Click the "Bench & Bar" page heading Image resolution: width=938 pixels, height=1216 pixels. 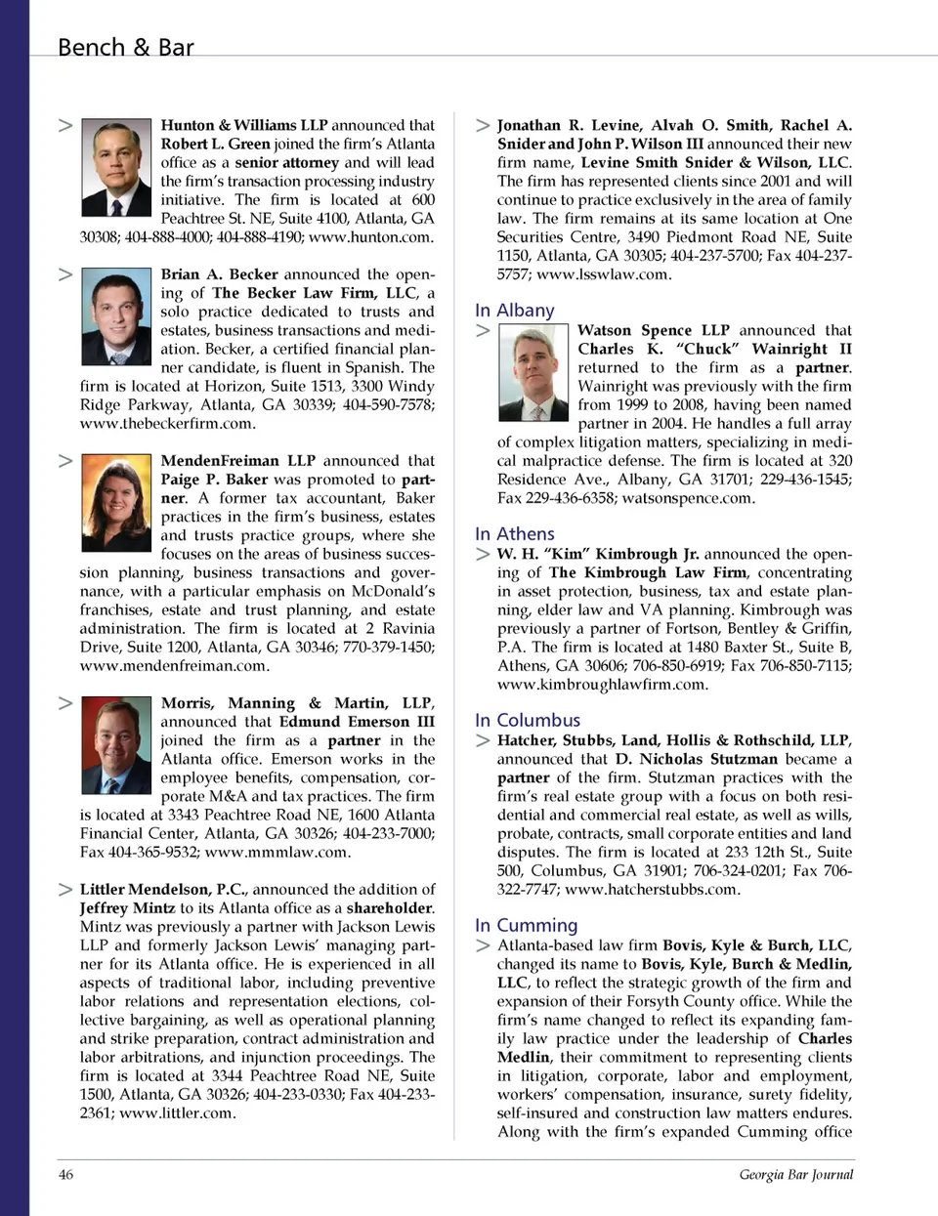pyautogui.click(x=125, y=47)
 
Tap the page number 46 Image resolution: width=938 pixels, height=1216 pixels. pyautogui.click(x=65, y=1174)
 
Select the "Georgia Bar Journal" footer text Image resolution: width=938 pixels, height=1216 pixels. pyautogui.click(x=795, y=1174)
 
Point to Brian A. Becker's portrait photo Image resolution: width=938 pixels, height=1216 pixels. pyautogui.click(x=116, y=316)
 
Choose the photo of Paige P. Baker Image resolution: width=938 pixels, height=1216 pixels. pyautogui.click(x=116, y=503)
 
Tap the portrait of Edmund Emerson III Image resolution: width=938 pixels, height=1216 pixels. pyautogui.click(x=116, y=744)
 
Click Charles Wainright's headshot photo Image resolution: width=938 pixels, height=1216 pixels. pyautogui.click(x=533, y=372)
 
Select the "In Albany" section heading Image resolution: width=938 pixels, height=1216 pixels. pyautogui.click(x=515, y=311)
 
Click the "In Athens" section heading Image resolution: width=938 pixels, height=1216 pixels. pyautogui.click(x=515, y=534)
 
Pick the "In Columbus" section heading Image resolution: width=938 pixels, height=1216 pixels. pyautogui.click(x=528, y=720)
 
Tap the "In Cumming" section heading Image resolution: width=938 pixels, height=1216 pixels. pyautogui.click(x=527, y=925)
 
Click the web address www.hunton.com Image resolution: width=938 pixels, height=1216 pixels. pyautogui.click(x=370, y=237)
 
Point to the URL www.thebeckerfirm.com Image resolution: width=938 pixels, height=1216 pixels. pyautogui.click(x=168, y=424)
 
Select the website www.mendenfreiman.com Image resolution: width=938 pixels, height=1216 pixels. pyautogui.click(x=174, y=666)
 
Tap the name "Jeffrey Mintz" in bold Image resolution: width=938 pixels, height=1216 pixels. pyautogui.click(x=128, y=908)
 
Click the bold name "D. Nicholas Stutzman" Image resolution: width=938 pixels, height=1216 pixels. pyautogui.click(x=697, y=759)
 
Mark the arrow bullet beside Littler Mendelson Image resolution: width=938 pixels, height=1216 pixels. pyautogui.click(x=65, y=890)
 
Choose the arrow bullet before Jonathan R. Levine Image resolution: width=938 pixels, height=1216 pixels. pyautogui.click(x=483, y=125)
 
